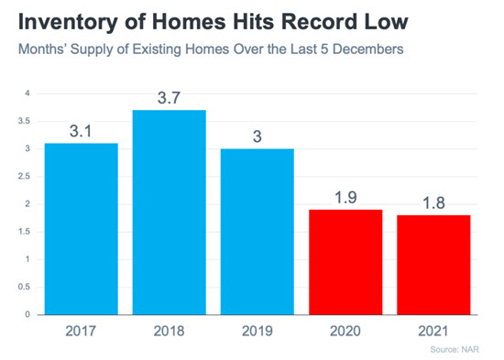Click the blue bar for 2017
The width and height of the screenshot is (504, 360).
pos(82,229)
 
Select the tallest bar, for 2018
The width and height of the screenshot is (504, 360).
pos(170,213)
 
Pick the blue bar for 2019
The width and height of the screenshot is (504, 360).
pos(257,232)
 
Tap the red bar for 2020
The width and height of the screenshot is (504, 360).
pos(345,262)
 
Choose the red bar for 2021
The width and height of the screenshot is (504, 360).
pos(433,265)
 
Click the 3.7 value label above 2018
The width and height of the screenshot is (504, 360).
pos(170,98)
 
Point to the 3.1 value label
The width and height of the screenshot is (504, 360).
pos(81,131)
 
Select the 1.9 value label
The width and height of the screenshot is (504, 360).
pos(345,197)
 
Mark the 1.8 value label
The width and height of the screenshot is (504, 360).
pos(433,202)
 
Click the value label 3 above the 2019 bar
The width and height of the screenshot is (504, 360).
pos(257,136)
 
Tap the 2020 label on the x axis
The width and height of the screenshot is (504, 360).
pos(345,331)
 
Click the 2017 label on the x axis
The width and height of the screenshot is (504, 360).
pos(81,331)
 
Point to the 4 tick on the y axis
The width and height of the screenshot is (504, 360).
pos(27,93)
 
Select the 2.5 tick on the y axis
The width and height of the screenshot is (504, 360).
pos(24,177)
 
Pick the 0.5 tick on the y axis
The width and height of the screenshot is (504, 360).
pos(24,287)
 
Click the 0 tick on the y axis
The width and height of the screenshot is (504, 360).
pos(27,314)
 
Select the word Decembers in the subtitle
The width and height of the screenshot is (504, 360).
pos(368,49)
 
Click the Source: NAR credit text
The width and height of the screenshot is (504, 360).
pos(455,349)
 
